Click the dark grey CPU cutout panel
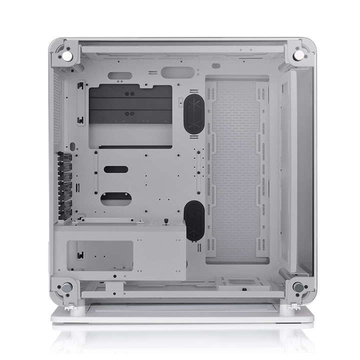[x=130, y=104]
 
